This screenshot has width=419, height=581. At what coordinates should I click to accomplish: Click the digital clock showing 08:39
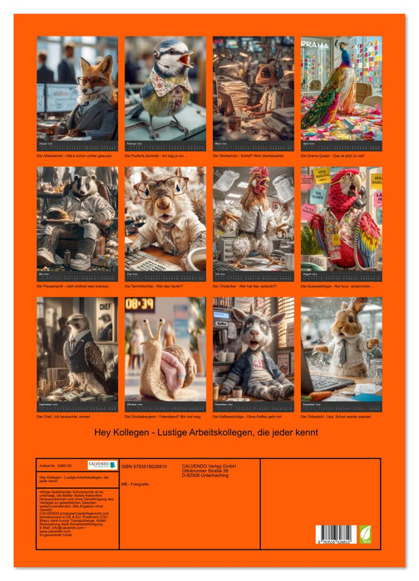(140, 305)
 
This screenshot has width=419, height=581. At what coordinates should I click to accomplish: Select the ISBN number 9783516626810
(150, 466)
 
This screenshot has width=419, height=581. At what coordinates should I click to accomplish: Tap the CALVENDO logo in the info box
(102, 465)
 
